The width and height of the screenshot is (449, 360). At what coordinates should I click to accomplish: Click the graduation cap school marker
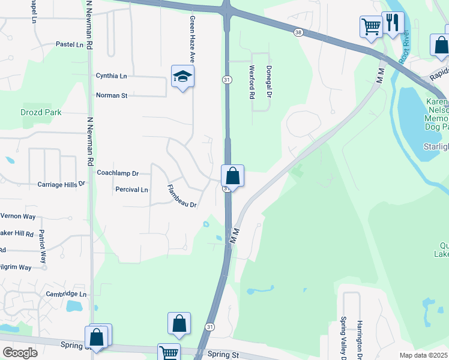point(182,76)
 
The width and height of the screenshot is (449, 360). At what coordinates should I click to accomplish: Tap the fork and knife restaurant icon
point(393,23)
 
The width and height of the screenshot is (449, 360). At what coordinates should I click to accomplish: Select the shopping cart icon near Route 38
point(371,27)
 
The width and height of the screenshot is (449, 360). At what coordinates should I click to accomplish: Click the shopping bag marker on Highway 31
point(233,176)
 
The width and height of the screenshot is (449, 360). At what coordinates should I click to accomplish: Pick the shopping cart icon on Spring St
point(169,353)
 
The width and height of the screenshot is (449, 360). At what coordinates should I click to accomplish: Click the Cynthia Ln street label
point(112,76)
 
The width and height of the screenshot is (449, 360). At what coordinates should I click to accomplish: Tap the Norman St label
point(112,95)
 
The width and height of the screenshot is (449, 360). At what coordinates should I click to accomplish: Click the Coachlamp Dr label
point(118,173)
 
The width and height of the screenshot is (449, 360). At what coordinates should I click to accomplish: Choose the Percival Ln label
point(131,190)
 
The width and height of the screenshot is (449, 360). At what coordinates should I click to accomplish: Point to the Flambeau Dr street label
point(182,196)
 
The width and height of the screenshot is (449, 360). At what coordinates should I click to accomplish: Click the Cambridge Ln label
point(66,295)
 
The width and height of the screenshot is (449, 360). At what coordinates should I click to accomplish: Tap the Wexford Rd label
point(252,82)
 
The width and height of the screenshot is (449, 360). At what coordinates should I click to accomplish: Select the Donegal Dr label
point(269,82)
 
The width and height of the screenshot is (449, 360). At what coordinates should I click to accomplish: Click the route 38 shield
point(298,32)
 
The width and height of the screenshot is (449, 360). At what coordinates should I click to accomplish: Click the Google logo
point(20,352)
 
